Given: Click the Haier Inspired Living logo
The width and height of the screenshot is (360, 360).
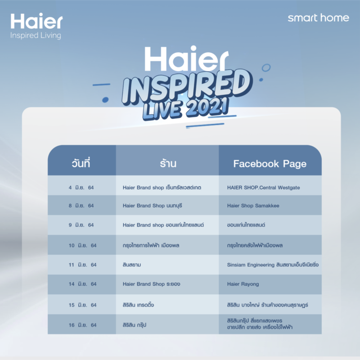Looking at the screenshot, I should coord(36,26).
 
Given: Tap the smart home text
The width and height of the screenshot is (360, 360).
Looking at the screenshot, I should coord(318,18).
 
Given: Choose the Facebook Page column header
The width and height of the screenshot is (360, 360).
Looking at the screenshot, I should coord(270,164).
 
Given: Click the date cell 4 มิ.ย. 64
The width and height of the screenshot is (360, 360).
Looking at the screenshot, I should coord(81,187).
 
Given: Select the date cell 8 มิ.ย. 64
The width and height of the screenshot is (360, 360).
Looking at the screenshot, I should coord(81,206).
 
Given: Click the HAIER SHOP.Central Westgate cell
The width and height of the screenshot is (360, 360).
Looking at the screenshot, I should coord(263,187).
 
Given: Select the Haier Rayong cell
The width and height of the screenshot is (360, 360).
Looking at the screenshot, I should coord(243,284).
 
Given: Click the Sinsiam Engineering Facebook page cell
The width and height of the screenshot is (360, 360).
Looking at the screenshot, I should coord(273,265).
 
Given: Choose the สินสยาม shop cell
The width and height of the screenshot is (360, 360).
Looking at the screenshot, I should coord(132,265).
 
